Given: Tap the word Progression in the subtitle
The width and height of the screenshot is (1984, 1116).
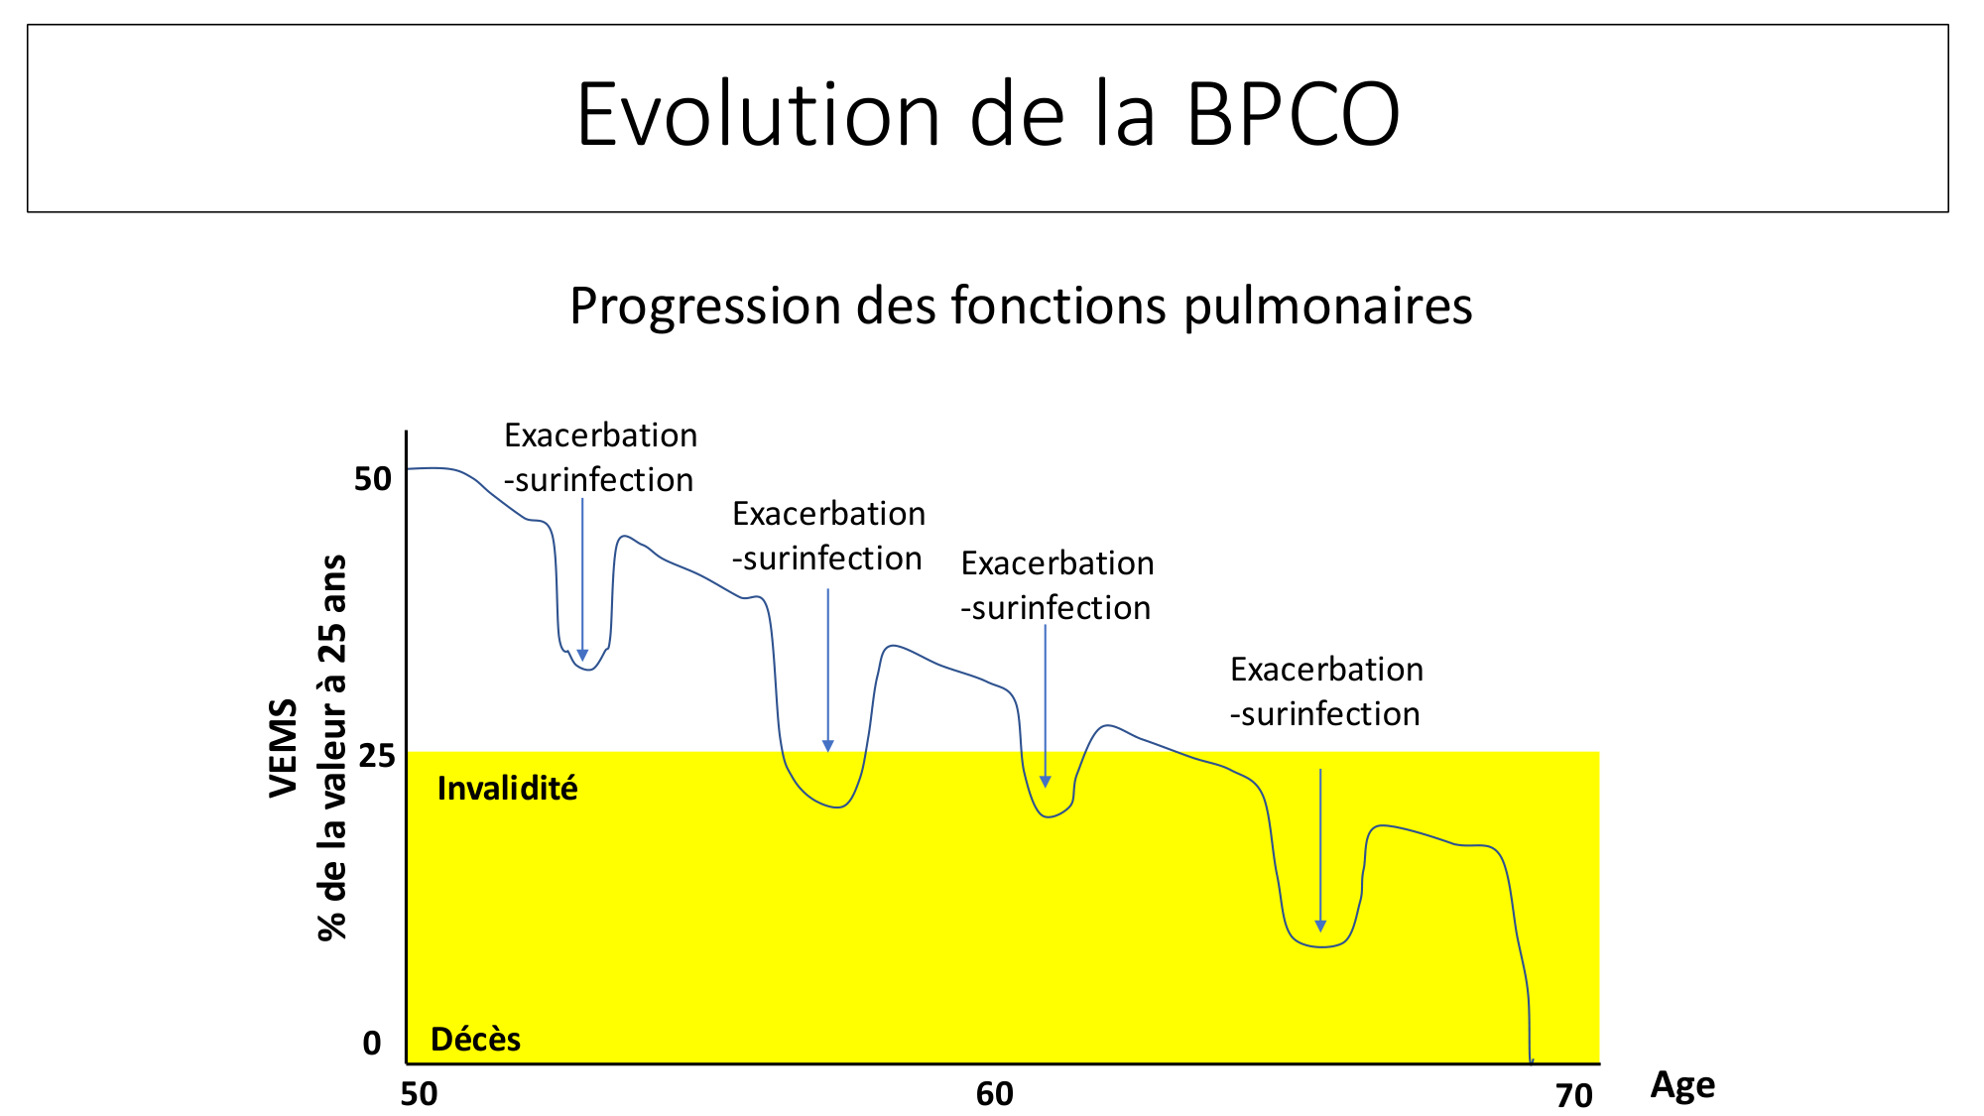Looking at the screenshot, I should point(705,307).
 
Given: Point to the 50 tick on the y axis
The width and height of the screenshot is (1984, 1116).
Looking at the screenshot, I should point(373,479).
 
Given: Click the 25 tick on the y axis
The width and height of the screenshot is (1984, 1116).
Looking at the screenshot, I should point(377,756).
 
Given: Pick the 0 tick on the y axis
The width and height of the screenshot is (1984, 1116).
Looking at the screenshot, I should point(372,1043).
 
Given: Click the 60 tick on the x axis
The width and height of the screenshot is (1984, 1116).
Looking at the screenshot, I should point(994,1093).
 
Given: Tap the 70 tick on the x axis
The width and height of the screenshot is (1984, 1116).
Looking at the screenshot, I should point(1574,1095).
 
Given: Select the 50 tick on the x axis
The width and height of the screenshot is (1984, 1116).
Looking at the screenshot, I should point(419,1093).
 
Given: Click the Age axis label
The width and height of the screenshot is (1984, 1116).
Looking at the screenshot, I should point(1682,1085).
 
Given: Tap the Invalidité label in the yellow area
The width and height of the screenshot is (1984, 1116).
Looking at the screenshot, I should point(507,789).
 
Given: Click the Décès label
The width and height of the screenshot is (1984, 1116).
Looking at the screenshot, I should point(475,1039).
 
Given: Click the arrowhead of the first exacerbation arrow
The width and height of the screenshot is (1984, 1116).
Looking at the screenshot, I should point(582,656).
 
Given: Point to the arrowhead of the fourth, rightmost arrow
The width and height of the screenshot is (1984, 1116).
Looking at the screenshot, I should point(1320,927).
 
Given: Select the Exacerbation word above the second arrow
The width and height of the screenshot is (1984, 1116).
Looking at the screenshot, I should point(828,514).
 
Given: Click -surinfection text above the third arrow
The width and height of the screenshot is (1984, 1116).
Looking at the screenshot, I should point(1055,608).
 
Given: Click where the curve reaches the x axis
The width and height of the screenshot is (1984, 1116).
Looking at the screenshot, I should point(1532,1062).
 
